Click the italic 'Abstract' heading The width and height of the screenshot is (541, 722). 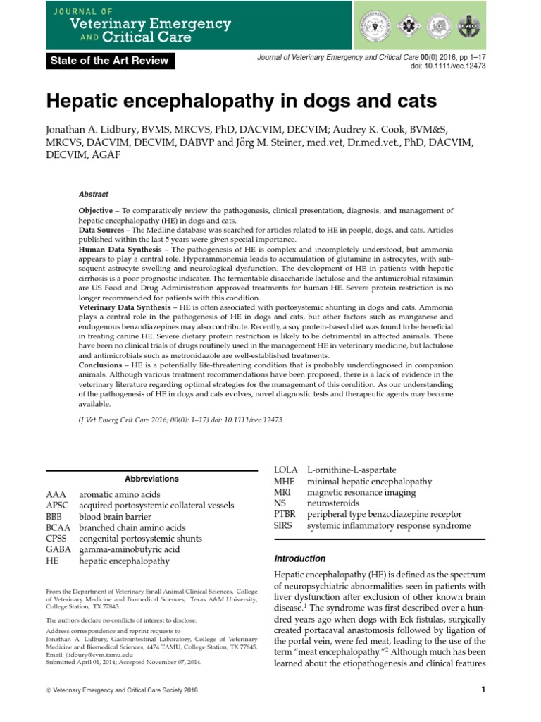[94, 195]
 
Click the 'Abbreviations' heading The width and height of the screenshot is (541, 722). [151, 479]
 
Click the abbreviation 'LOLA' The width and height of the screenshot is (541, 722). [285, 470]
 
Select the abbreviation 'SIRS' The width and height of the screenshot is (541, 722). [284, 526]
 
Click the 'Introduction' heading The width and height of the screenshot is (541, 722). [299, 558]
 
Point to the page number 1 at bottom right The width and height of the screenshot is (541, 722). [484, 690]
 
